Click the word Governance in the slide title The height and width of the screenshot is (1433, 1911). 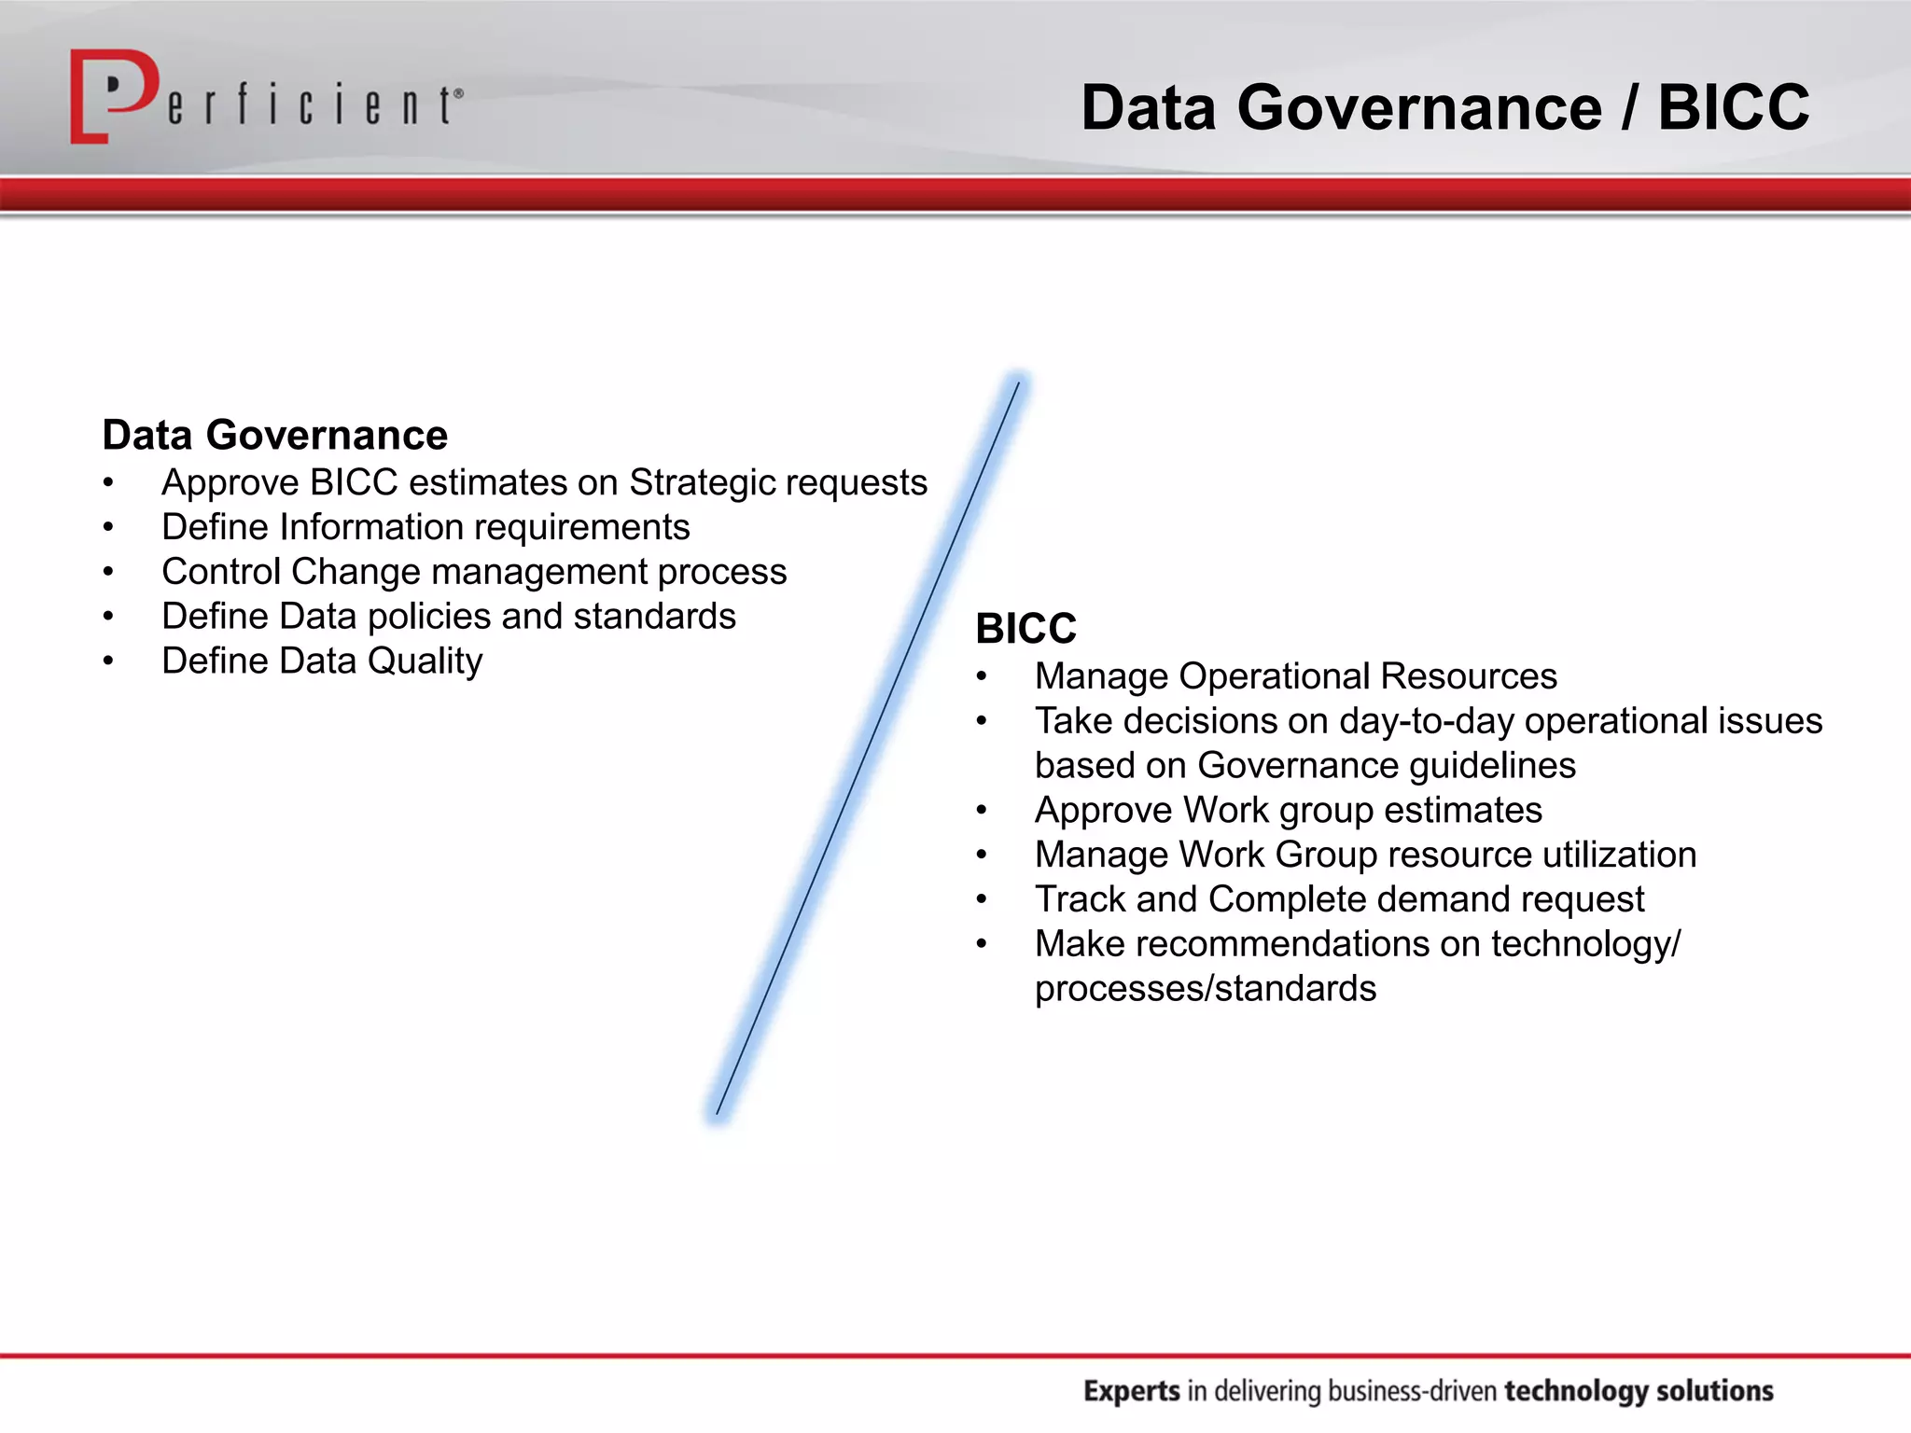pyautogui.click(x=1419, y=108)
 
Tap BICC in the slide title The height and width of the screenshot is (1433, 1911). pyautogui.click(x=1733, y=108)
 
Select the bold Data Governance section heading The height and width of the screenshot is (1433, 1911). pyautogui.click(x=275, y=436)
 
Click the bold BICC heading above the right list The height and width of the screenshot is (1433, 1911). pyautogui.click(x=1025, y=629)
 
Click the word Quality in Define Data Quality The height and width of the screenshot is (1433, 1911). pyautogui.click(x=425, y=661)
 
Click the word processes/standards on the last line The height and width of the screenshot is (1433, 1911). pyautogui.click(x=1205, y=989)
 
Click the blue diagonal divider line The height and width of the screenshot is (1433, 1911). pyautogui.click(x=868, y=746)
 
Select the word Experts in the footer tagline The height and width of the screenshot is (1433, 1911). pyautogui.click(x=1131, y=1391)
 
